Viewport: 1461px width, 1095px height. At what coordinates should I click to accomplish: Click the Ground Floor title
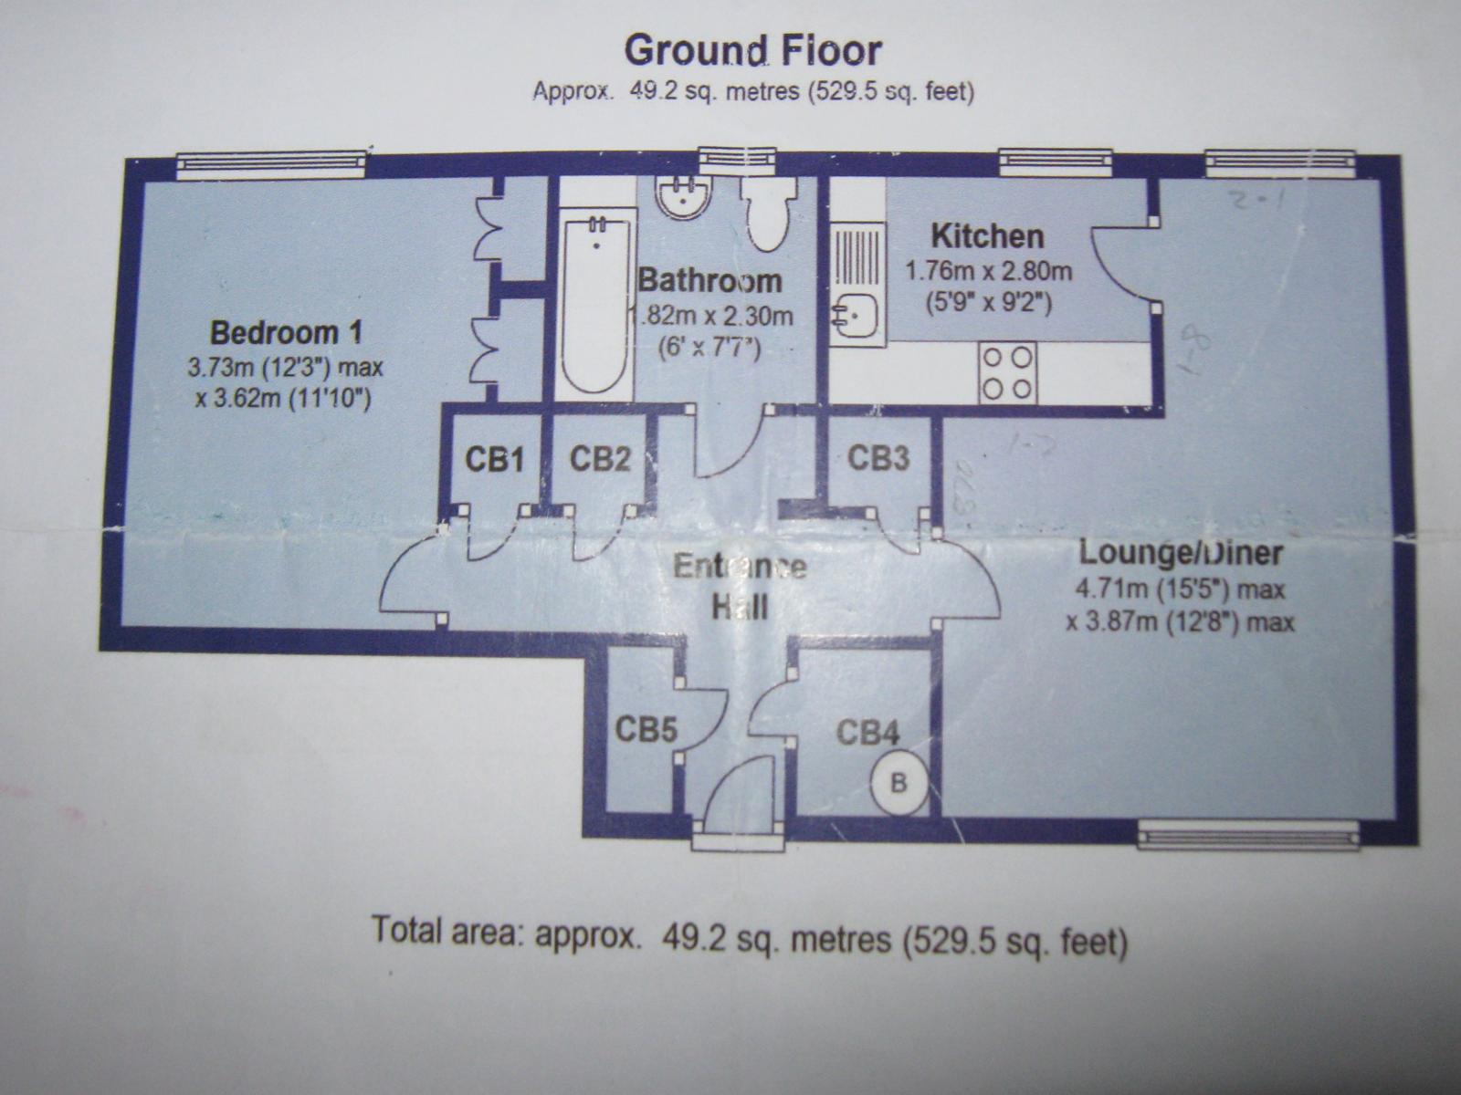coord(752,51)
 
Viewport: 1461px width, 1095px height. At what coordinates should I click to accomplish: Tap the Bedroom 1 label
coord(286,332)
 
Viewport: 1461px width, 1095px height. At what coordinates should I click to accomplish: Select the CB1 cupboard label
coord(494,459)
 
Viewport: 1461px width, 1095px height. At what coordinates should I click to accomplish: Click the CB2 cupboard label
coord(600,459)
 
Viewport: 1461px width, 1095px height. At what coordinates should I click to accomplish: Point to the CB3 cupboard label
coord(878,457)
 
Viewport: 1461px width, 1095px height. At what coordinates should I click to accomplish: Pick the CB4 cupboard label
coord(867,732)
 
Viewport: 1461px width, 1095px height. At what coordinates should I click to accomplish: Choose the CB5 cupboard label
coord(645,730)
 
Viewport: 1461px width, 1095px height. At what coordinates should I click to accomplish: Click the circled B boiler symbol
coord(899,783)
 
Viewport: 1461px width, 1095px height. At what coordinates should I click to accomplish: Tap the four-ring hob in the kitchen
coord(1008,371)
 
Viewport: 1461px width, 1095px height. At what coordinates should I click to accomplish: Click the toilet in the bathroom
coord(767,212)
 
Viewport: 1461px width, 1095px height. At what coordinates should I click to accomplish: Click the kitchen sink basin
coord(856,316)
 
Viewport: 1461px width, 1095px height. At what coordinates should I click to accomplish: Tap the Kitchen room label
coord(987,237)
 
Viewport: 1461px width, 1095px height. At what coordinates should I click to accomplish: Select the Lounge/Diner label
coord(1181,553)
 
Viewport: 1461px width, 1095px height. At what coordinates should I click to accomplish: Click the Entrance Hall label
coord(740,586)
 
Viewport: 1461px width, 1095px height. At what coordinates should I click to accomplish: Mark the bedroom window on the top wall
coord(271,164)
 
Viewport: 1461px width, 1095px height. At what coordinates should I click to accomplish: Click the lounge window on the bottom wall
coord(1248,833)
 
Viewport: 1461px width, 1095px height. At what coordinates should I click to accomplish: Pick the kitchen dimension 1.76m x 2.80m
coord(987,271)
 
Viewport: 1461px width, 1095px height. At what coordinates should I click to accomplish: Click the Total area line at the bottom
coord(749,938)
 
